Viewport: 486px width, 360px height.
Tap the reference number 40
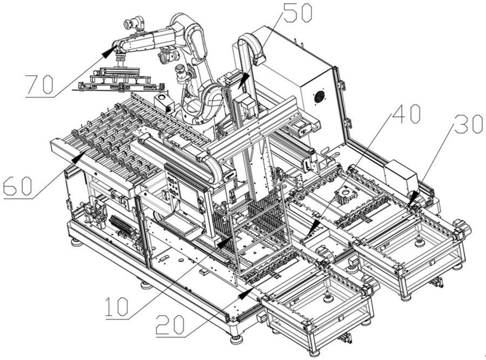tap(406, 114)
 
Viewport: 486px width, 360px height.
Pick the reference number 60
tap(17, 186)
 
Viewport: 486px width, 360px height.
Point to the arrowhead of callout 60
tap(78, 156)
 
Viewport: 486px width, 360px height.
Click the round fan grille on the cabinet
tap(319, 97)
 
